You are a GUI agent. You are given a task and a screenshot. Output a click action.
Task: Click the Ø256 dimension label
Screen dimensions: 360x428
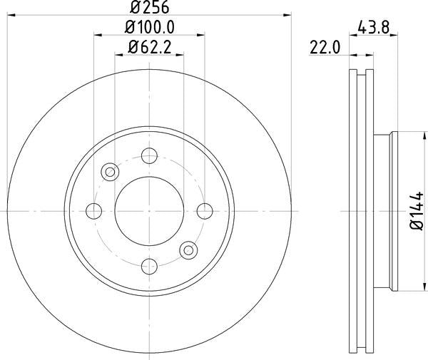(x=149, y=9)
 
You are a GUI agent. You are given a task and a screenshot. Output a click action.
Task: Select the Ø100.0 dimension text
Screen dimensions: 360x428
(x=149, y=28)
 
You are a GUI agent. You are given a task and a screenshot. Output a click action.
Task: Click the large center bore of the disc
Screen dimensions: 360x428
(x=149, y=210)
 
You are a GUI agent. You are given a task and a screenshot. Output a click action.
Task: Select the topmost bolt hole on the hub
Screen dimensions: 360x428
(x=149, y=155)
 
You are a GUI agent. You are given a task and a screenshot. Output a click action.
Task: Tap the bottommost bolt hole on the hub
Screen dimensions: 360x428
(x=149, y=266)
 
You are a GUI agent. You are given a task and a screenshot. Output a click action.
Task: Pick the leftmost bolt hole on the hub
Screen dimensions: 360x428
(x=93, y=210)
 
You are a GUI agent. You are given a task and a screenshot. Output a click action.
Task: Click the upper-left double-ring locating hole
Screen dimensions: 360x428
(x=110, y=171)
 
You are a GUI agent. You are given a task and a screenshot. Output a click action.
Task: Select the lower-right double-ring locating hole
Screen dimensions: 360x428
(x=188, y=250)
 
